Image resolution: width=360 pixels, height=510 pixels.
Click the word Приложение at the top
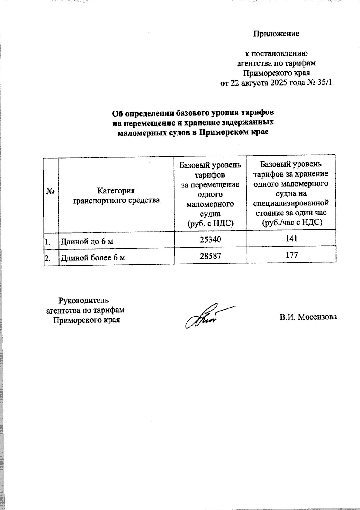276,34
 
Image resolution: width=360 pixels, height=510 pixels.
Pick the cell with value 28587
210,256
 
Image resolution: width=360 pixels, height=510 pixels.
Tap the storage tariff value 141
291,239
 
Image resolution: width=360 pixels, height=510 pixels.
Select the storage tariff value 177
291,255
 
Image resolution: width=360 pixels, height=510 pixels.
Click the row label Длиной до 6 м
87,241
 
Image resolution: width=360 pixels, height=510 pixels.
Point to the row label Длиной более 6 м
93,257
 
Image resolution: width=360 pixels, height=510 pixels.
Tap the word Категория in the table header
116,191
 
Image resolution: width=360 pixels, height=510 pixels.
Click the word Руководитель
84,300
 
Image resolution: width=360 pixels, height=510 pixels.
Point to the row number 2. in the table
48,257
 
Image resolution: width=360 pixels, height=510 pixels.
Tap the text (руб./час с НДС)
291,223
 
